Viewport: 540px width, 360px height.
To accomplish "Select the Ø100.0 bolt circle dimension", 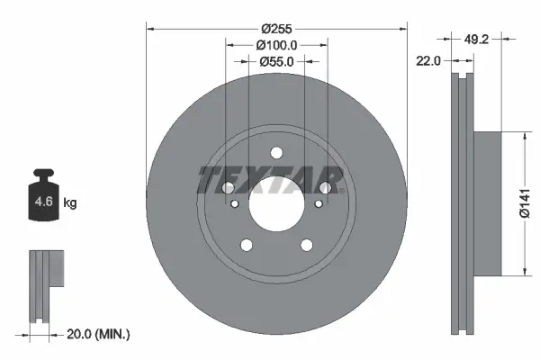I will point(276,44).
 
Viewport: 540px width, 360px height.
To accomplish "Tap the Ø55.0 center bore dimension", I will point(277,61).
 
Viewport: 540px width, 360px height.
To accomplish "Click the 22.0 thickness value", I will point(427,60).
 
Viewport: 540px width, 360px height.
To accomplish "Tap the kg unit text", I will point(70,203).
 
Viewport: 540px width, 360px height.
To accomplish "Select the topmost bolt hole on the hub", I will point(276,152).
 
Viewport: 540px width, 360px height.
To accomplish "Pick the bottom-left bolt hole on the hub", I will point(246,244).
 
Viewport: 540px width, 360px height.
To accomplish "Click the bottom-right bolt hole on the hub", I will point(307,244).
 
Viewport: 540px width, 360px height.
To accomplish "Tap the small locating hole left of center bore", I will point(236,203).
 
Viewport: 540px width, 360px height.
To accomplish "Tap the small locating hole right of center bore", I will point(317,203).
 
